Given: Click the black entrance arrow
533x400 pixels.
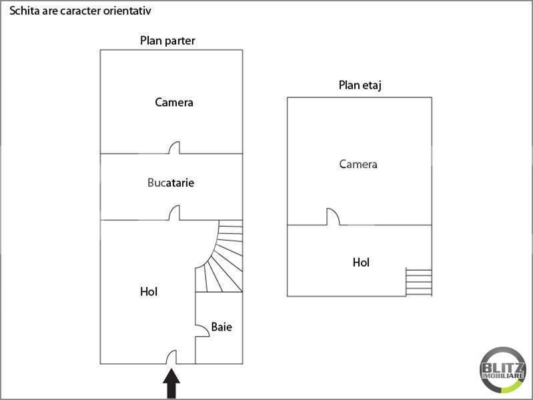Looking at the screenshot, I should pyautogui.click(x=171, y=385).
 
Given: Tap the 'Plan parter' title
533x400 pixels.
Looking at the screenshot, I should pyautogui.click(x=167, y=41).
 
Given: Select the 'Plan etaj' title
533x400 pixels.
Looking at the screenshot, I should pyautogui.click(x=360, y=85).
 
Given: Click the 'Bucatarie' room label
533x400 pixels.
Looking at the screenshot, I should pyautogui.click(x=171, y=182).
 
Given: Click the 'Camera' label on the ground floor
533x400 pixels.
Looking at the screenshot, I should pyautogui.click(x=174, y=102).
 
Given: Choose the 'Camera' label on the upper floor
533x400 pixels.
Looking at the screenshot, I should pyautogui.click(x=358, y=164).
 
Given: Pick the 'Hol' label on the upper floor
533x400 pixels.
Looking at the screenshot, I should pyautogui.click(x=361, y=263).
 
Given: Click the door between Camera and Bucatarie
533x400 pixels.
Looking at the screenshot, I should pyautogui.click(x=175, y=148).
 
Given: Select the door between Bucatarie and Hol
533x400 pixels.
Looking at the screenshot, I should pyautogui.click(x=175, y=213).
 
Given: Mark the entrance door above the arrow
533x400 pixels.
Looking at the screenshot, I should pyautogui.click(x=171, y=357).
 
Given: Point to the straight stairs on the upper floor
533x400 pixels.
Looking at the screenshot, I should pyautogui.click(x=419, y=282).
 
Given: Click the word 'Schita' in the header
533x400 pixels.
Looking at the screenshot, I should pyautogui.click(x=22, y=11).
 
